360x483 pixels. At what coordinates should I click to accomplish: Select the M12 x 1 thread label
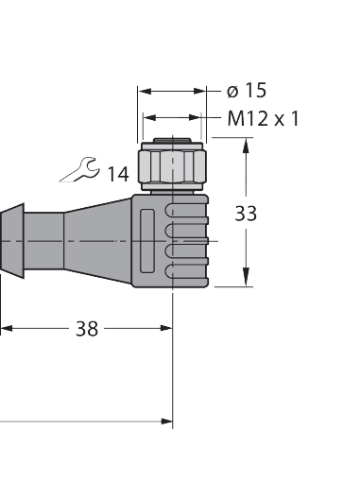(264, 118)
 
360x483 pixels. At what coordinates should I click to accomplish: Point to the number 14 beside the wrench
(118, 173)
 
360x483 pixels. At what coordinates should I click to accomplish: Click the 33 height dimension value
(246, 214)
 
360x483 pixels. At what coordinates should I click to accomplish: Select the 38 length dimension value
(87, 329)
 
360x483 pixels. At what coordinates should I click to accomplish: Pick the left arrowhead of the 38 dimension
(6, 329)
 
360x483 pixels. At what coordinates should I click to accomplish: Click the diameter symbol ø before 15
(231, 91)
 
